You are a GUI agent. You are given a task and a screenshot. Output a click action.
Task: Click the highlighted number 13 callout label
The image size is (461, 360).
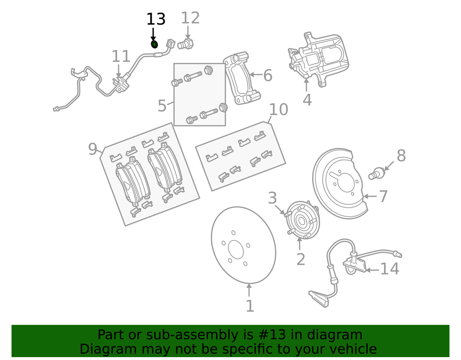156,20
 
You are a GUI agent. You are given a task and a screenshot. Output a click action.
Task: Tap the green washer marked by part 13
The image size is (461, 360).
155,44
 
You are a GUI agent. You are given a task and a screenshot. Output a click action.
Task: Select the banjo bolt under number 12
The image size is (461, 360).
185,45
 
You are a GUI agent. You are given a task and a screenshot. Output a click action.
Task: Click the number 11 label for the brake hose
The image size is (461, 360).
121,57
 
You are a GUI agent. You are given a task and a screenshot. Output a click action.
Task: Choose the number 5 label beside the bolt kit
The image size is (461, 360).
162,106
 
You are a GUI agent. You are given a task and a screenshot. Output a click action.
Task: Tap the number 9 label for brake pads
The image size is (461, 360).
93,149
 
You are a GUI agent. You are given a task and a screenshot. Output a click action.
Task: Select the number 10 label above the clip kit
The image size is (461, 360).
278,110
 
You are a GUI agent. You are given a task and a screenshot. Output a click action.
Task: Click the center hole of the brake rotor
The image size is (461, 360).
236,249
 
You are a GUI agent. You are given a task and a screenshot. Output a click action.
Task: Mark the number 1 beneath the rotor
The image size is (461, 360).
250,306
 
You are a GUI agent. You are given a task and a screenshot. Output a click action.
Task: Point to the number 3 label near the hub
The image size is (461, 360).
272,198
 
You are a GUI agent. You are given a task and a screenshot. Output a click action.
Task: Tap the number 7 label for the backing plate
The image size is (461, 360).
383,196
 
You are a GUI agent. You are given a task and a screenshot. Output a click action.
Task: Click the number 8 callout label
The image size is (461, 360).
401,156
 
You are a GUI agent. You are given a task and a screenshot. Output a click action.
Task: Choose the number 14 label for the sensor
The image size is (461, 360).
389,269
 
